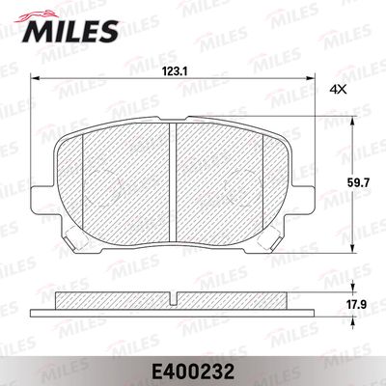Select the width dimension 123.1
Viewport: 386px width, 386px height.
pos(173,69)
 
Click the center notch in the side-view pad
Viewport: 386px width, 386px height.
pos(174,295)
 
